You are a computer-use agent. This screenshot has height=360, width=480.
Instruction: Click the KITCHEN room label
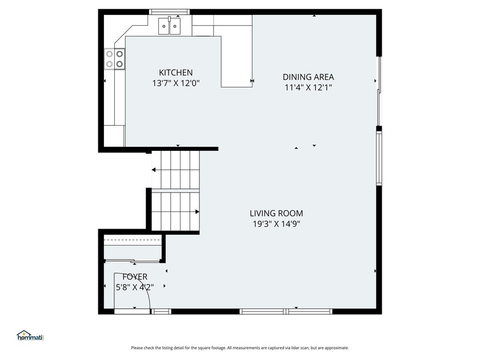click(176, 73)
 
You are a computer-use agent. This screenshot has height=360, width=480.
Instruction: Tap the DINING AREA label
click(308, 77)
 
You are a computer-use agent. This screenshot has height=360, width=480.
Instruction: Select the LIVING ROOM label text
click(276, 213)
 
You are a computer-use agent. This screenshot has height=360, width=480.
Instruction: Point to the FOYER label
click(135, 277)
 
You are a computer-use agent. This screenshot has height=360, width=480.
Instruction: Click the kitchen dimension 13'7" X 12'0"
click(176, 83)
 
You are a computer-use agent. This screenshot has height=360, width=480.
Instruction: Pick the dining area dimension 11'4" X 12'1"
click(308, 87)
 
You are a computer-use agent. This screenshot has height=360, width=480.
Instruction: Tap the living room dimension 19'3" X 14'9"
click(276, 224)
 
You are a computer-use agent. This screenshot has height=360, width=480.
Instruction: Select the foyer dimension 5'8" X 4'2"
click(135, 287)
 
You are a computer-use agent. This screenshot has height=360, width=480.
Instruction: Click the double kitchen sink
click(169, 26)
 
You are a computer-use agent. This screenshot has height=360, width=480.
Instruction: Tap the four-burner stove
click(114, 59)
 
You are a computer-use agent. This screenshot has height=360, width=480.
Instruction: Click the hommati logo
click(30, 336)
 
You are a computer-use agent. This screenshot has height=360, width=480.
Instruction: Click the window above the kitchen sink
click(169, 12)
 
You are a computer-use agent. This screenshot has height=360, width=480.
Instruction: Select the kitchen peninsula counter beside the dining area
click(237, 62)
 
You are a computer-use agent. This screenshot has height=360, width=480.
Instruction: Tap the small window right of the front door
click(161, 311)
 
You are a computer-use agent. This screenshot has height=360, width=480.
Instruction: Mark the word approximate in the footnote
click(336, 348)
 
